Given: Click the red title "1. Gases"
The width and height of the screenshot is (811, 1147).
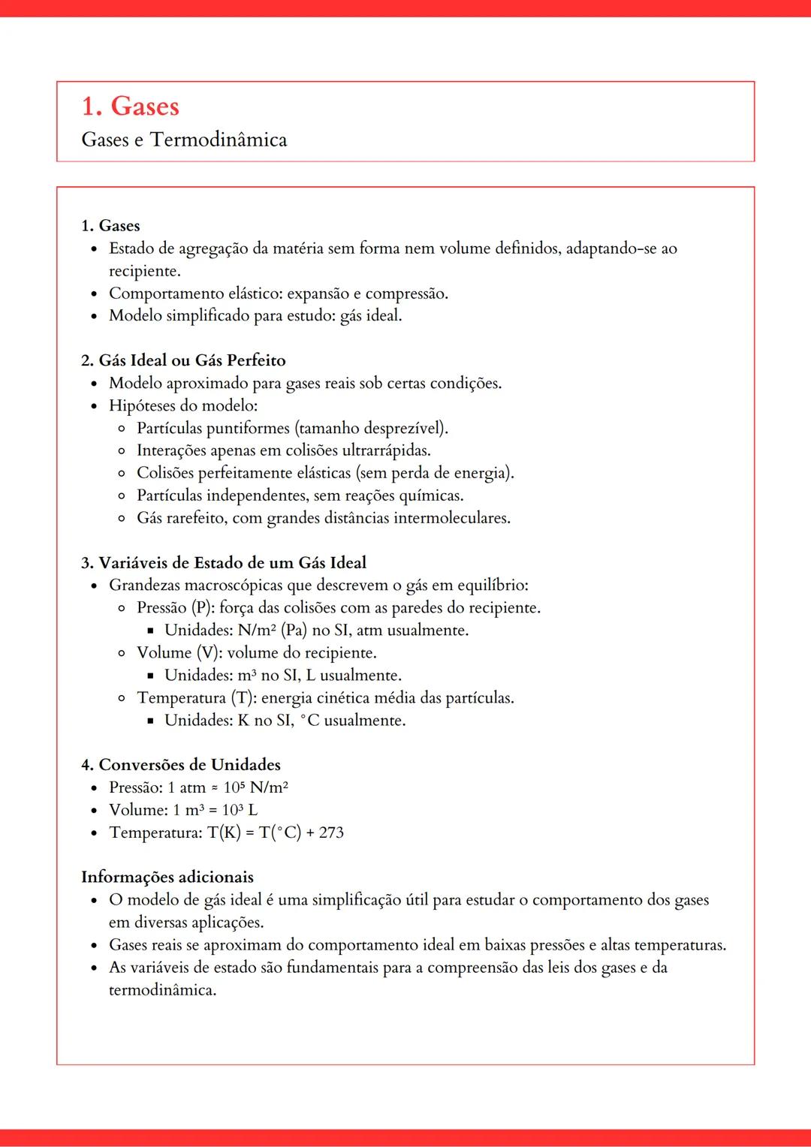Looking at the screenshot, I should click(x=130, y=107).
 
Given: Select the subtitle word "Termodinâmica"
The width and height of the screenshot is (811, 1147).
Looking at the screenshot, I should click(x=219, y=140).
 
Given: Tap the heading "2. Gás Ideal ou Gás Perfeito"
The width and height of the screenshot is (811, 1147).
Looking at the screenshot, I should click(x=183, y=360).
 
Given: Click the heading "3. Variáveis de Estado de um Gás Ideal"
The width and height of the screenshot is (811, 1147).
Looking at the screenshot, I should click(x=224, y=563).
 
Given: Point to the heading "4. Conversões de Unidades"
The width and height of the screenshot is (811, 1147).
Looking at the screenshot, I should click(x=181, y=765).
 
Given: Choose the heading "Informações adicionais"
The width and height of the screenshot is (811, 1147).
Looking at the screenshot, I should click(x=167, y=878).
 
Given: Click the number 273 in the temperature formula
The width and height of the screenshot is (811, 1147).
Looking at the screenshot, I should click(x=331, y=832).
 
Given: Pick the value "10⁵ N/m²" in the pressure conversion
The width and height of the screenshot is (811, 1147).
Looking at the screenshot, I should click(x=256, y=787).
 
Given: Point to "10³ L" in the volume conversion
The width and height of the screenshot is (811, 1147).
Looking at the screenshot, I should click(x=240, y=810).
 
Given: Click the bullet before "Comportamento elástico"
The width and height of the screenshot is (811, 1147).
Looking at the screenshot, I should click(x=94, y=294).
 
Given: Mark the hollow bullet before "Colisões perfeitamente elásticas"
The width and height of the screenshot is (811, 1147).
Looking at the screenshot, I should click(x=122, y=474).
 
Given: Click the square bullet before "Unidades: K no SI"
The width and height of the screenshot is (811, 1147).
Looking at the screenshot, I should click(x=150, y=721).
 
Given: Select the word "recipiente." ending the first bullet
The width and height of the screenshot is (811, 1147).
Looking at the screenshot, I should click(x=145, y=271).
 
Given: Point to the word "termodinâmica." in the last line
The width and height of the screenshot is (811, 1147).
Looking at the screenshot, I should click(x=162, y=990).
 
